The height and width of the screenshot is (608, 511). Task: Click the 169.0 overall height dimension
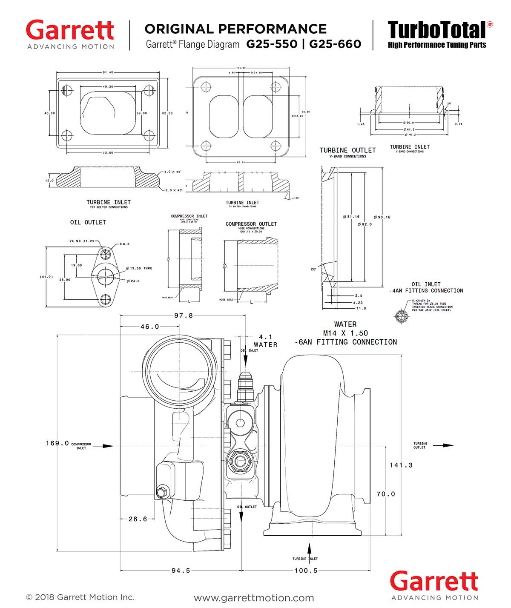(57, 443)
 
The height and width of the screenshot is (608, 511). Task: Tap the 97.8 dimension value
(184, 315)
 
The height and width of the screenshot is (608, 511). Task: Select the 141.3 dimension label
(401, 465)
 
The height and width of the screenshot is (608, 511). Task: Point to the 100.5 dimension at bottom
(306, 571)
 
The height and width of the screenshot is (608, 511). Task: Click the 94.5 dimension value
(181, 571)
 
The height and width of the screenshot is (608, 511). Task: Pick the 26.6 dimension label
(138, 519)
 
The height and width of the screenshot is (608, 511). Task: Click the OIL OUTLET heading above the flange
(88, 222)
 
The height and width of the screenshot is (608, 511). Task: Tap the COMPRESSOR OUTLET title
(251, 224)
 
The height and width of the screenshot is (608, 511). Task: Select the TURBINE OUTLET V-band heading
(347, 150)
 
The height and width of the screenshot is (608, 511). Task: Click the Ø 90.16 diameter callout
(382, 217)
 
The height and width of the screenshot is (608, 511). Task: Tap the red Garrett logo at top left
(70, 31)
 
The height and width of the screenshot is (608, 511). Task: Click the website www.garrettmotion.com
(254, 598)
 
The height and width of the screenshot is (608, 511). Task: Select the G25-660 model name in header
(335, 44)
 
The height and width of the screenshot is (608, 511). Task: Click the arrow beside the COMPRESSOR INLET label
(103, 446)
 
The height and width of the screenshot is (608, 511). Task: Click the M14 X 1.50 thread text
(345, 333)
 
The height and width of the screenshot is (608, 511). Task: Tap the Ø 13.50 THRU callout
(139, 268)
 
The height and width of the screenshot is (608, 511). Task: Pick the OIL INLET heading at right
(426, 284)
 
